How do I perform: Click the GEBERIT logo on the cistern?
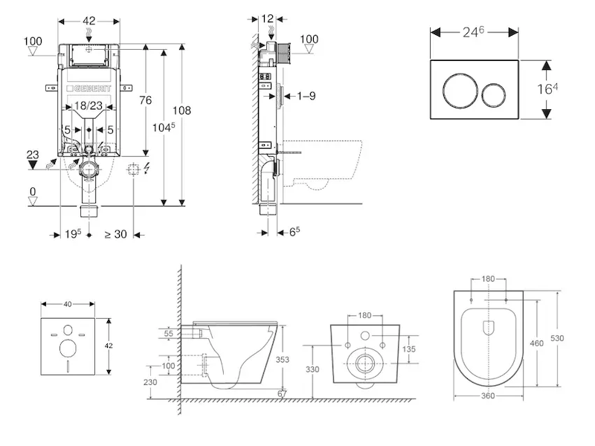[89, 88]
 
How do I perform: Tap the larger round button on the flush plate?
[460, 91]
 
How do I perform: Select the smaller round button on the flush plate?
[493, 94]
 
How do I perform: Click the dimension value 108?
[181, 110]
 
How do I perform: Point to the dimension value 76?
[145, 100]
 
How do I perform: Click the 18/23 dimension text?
[89, 106]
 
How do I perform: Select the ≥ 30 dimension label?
[116, 234]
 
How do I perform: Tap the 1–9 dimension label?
[306, 96]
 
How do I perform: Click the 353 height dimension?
[283, 359]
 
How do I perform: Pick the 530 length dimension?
[557, 338]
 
